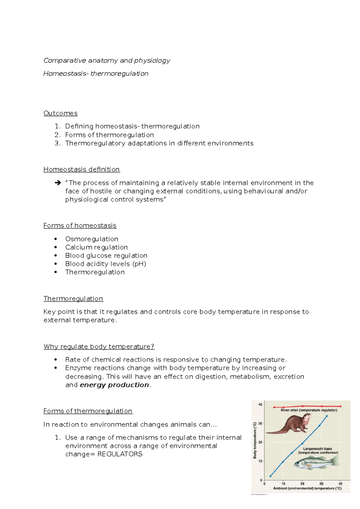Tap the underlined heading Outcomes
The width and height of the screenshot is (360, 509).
tap(60, 113)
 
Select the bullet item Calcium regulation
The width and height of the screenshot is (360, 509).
tap(96, 247)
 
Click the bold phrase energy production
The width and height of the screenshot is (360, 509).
tap(114, 385)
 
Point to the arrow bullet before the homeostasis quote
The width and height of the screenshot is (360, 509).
tap(58, 183)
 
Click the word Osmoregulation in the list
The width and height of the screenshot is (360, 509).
tap(91, 239)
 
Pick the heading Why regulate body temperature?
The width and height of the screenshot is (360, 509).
tap(99, 347)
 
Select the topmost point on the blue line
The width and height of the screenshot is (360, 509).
tap(327, 416)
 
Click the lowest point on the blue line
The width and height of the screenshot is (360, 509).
tap(270, 476)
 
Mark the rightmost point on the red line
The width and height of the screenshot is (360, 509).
tap(340, 406)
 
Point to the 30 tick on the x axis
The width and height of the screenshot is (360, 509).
tap(321, 484)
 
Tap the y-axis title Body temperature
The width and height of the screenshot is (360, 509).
tap(255, 440)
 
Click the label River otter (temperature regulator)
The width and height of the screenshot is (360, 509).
tap(309, 410)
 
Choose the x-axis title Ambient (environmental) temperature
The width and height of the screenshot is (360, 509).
tap(307, 488)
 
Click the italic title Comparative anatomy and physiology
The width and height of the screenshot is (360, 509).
tap(107, 61)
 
